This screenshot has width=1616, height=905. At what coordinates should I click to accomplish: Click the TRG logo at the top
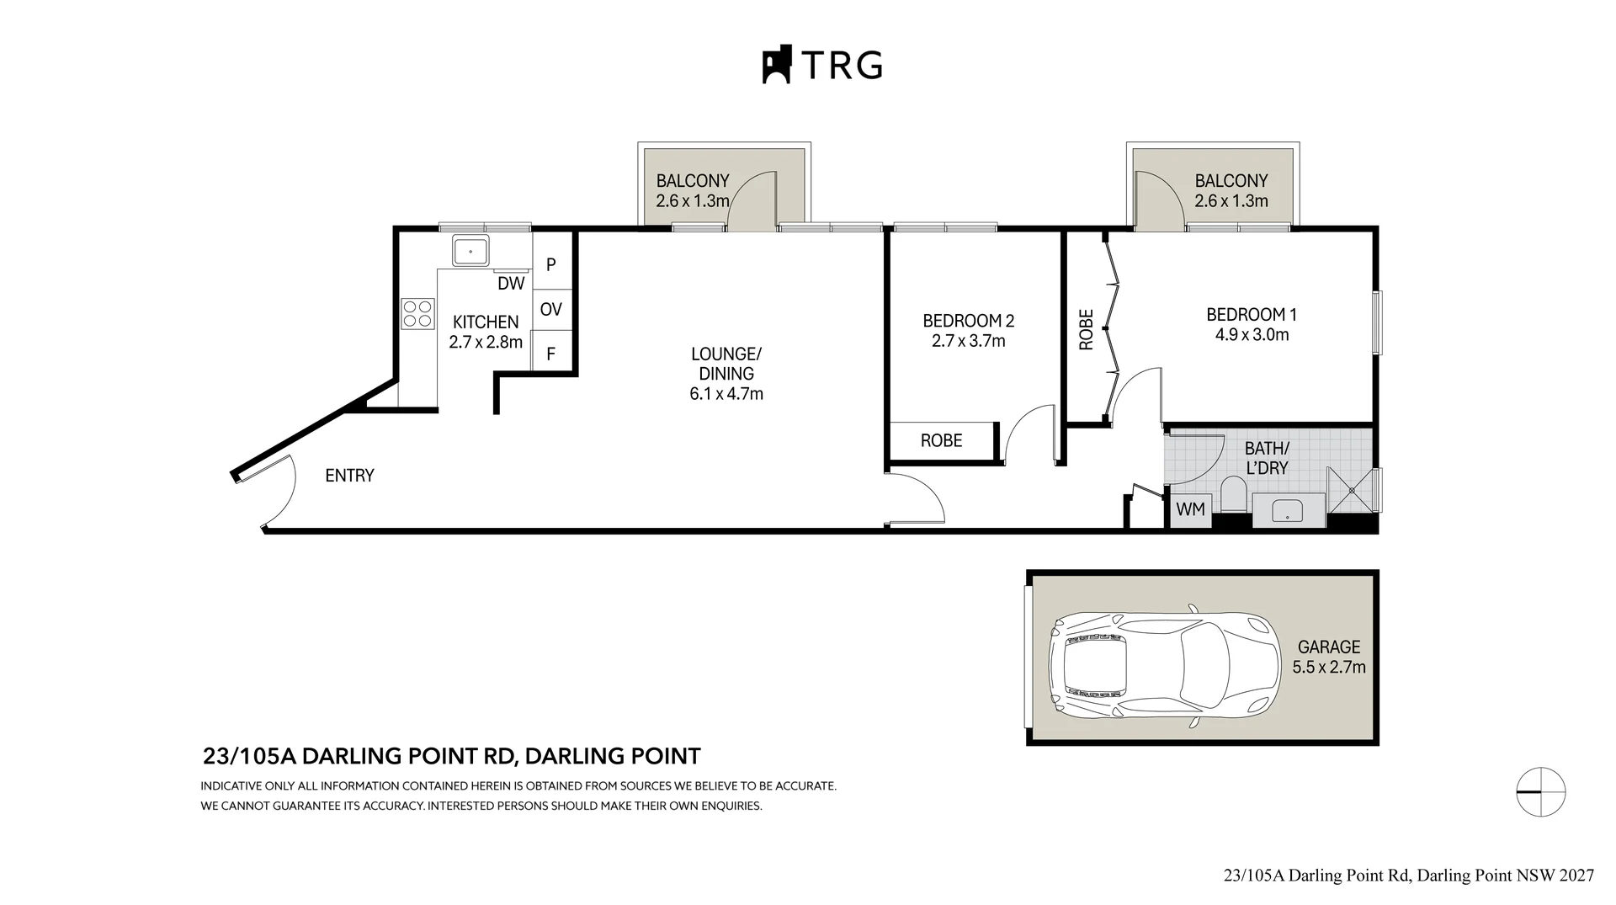tap(822, 64)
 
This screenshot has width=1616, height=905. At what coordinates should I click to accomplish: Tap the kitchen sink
tap(470, 251)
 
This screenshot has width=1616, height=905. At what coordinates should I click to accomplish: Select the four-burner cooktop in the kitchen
tap(418, 314)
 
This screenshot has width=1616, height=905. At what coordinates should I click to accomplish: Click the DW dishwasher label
tap(511, 284)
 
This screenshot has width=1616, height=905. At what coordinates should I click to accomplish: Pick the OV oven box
tap(551, 310)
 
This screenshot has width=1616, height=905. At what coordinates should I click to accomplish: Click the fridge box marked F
tap(551, 353)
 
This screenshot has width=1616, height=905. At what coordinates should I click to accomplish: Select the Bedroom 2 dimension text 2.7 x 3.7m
tap(969, 341)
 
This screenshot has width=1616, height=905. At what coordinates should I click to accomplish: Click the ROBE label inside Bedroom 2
tap(941, 440)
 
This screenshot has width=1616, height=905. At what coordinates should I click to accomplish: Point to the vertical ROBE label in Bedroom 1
tap(1086, 329)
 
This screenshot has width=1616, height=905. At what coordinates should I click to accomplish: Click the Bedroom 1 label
tap(1252, 315)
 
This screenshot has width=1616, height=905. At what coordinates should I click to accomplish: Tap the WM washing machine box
tap(1190, 509)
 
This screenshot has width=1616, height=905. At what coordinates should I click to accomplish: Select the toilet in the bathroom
tap(1233, 493)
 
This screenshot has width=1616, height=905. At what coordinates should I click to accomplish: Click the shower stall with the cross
tap(1351, 490)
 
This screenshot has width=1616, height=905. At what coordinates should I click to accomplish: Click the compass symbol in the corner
tap(1540, 792)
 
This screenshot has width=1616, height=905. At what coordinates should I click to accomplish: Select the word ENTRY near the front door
tap(349, 476)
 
